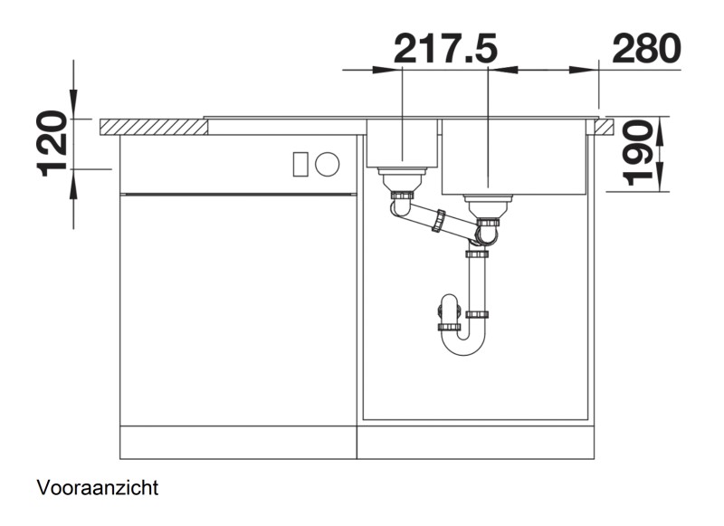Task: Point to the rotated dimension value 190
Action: click(x=638, y=154)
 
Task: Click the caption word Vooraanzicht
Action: click(x=98, y=489)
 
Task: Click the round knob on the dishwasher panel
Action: click(x=328, y=164)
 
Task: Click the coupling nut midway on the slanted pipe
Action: click(x=441, y=220)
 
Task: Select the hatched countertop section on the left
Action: click(x=154, y=126)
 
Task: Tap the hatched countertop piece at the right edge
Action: click(x=604, y=126)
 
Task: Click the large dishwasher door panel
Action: click(x=237, y=308)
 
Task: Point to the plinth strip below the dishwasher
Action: click(x=237, y=443)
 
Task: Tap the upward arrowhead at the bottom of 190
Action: click(x=661, y=180)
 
